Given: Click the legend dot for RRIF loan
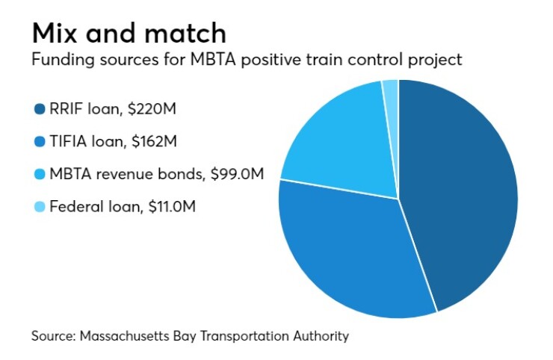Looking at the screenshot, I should (39, 111).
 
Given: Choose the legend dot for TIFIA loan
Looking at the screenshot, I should (39, 143).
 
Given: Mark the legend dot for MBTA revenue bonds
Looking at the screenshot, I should (39, 175).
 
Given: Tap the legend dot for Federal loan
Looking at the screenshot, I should (39, 207).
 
